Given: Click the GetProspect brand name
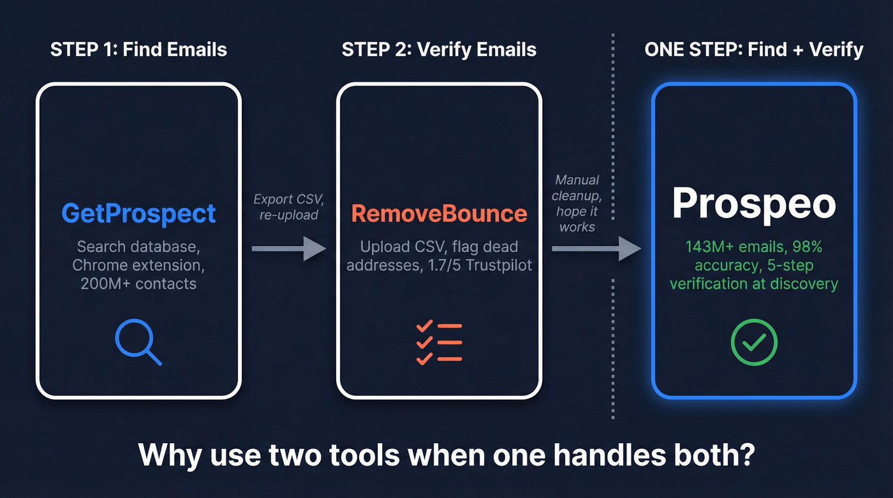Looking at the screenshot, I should click(x=138, y=213).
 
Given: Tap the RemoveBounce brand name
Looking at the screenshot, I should click(x=439, y=213).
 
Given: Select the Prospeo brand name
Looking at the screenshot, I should click(x=753, y=203).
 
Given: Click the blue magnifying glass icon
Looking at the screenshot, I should click(x=137, y=342).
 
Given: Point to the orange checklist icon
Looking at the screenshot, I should click(x=439, y=342).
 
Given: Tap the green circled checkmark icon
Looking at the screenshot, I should click(x=753, y=342).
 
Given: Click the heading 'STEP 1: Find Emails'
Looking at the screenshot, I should click(x=138, y=49).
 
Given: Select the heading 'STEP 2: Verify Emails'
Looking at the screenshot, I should click(x=439, y=49).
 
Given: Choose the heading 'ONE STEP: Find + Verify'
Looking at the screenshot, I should click(x=754, y=49).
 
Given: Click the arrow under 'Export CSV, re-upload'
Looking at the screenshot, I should click(x=289, y=248).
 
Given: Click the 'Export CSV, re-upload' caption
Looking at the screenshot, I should click(x=289, y=207).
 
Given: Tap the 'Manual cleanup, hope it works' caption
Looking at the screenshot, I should click(x=578, y=203).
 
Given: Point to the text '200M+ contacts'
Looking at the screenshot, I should click(x=138, y=284).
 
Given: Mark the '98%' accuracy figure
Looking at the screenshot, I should click(x=820, y=247).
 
